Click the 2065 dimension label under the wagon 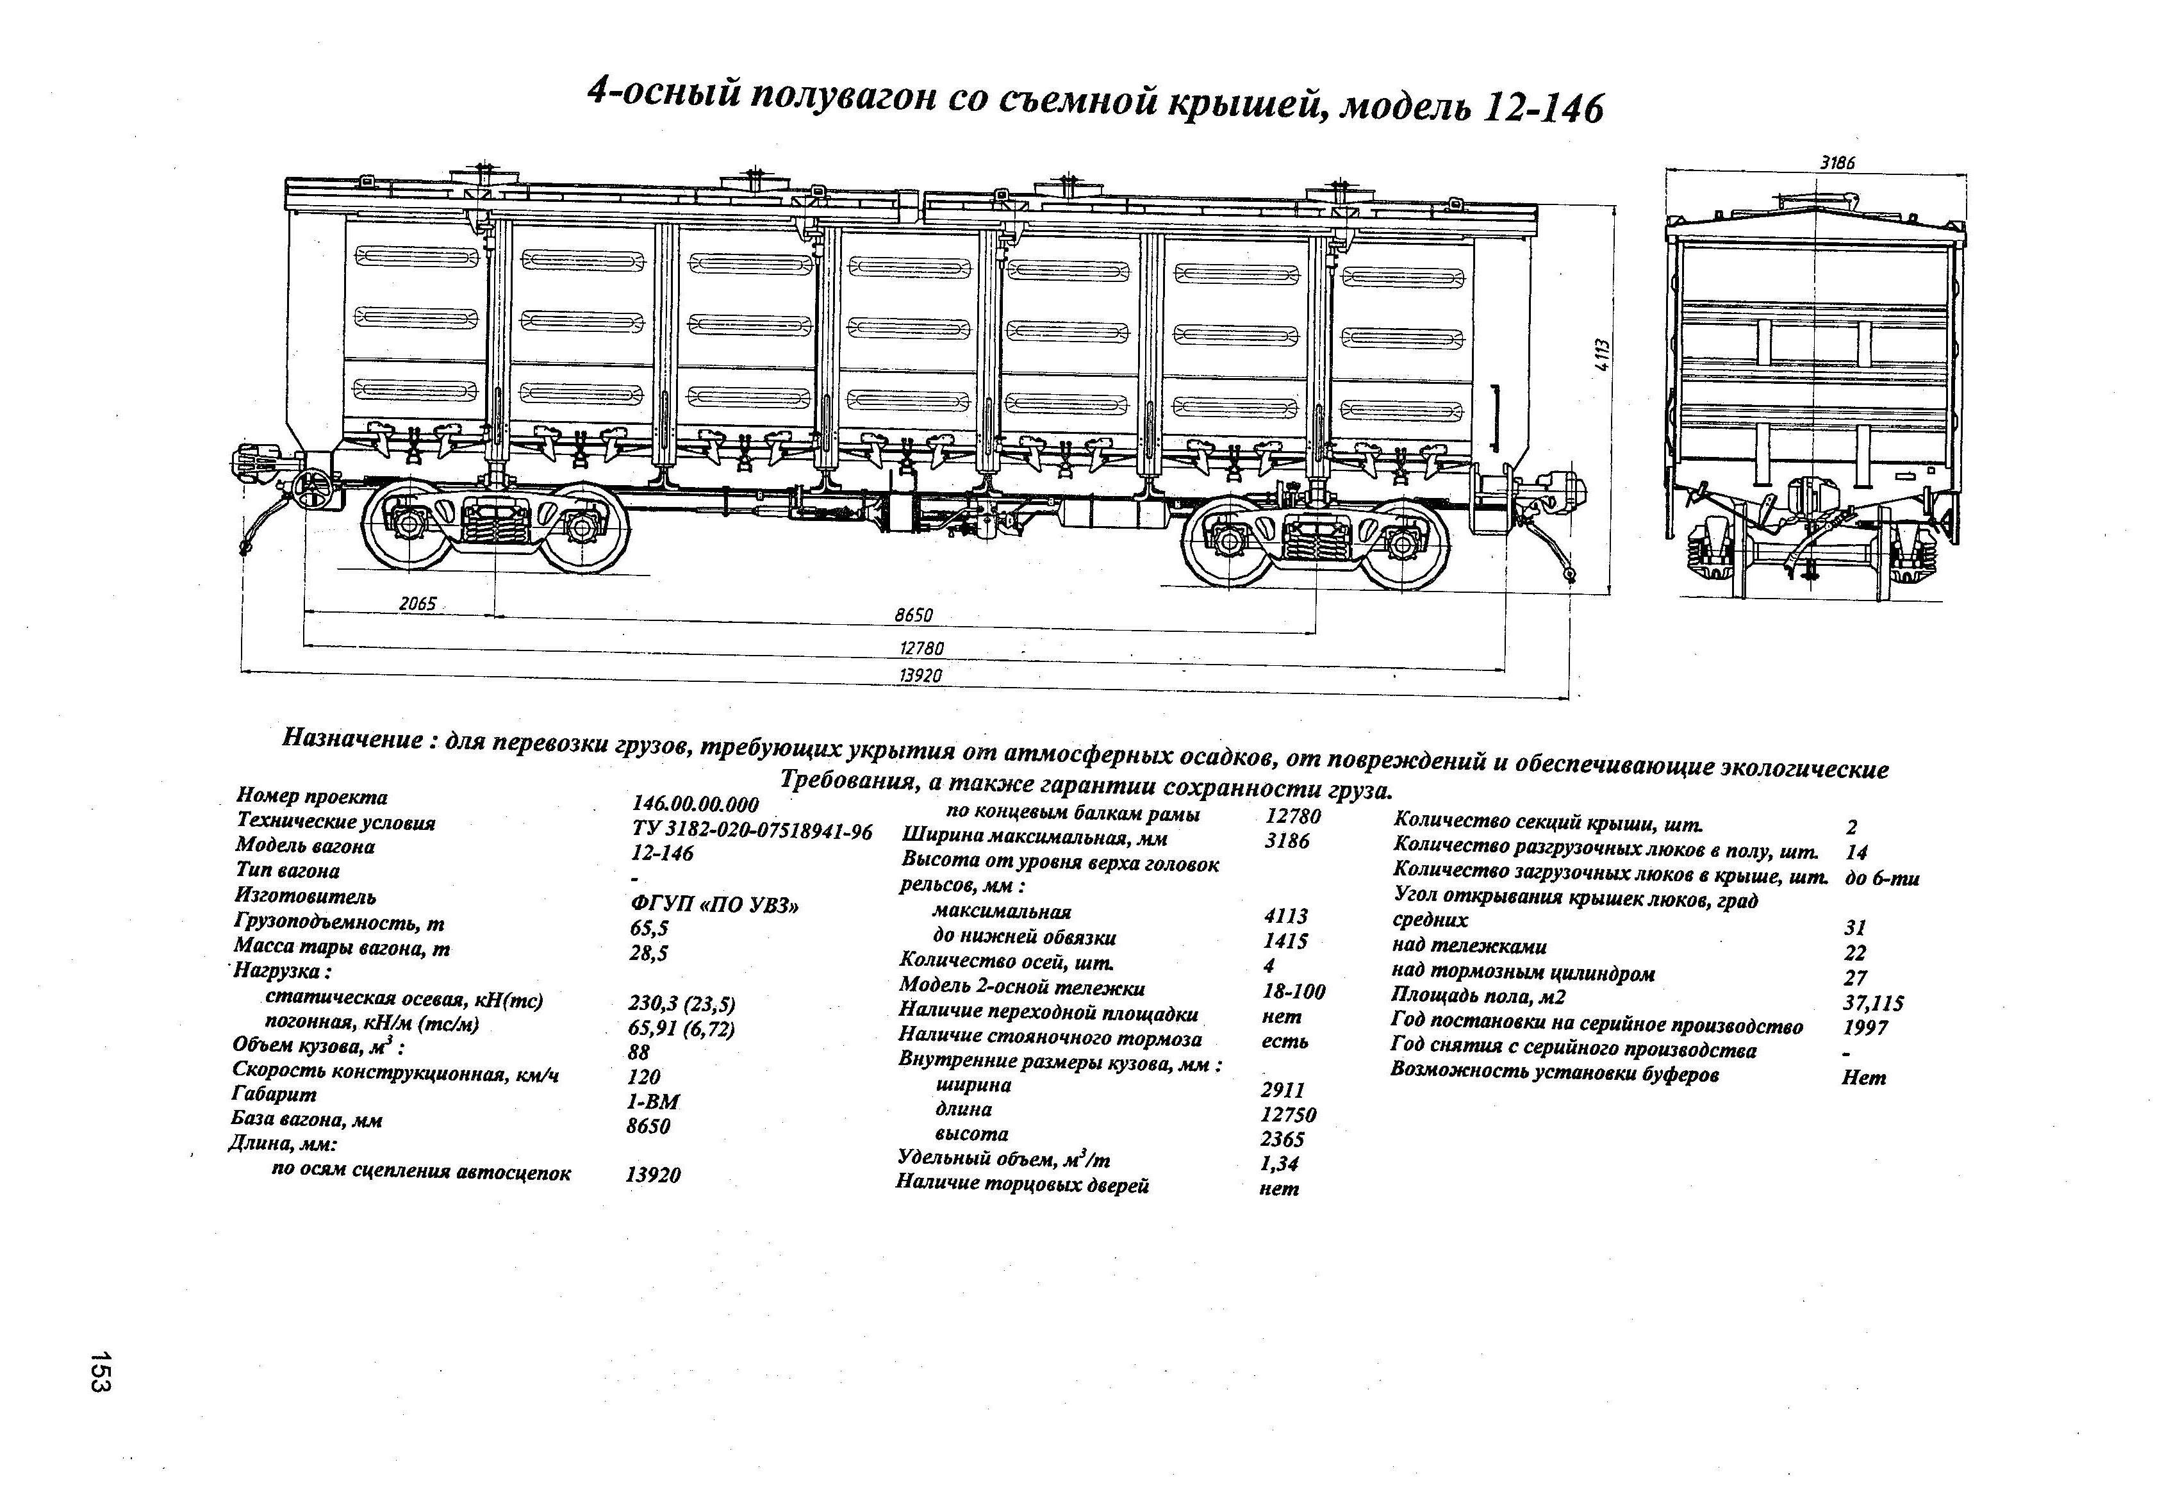(418, 604)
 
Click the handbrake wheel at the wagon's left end (313, 488)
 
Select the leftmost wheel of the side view (408, 526)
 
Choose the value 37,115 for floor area (1874, 1004)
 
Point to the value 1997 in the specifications (1867, 1027)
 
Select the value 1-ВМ (653, 1102)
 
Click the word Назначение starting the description (352, 739)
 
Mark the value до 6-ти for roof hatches (1883, 878)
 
